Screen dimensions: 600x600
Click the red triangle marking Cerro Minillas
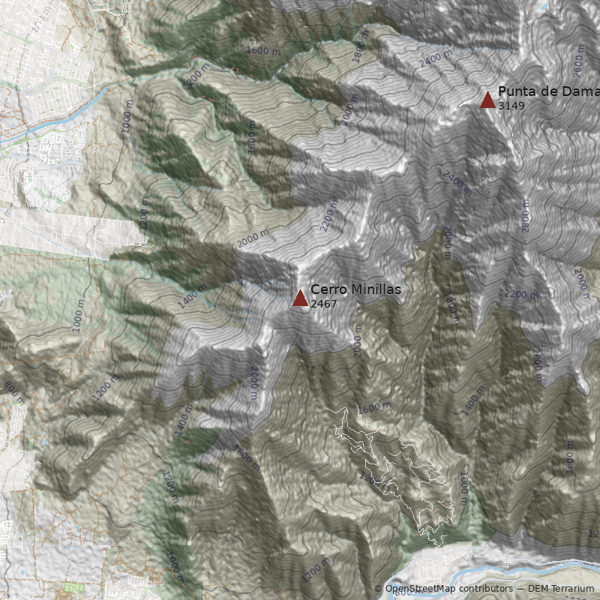tap(300, 298)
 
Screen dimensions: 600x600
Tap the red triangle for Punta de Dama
tap(487, 100)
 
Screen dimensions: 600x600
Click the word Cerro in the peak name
tap(326, 289)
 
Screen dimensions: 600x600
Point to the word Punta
tap(515, 91)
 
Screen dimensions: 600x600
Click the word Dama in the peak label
tap(580, 91)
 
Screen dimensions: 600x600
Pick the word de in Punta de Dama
tap(549, 91)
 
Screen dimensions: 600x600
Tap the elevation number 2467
tap(323, 304)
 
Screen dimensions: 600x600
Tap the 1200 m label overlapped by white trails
tap(368, 478)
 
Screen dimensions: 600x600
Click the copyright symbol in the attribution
tap(378, 589)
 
